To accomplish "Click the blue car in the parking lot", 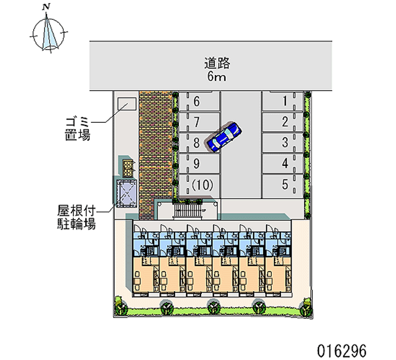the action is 224,137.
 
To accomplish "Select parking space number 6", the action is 199,102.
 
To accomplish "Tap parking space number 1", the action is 283,101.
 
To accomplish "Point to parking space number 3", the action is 283,143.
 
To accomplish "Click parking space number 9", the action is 199,163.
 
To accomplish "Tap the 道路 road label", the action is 217,63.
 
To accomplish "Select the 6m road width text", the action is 216,76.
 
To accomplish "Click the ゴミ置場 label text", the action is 78,129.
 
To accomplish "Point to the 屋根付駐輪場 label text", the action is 76,217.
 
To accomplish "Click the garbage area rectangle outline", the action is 127,104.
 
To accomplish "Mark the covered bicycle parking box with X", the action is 126,194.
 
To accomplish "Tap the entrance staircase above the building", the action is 188,210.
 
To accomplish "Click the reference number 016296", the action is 342,351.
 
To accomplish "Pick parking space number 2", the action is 283,122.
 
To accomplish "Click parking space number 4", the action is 283,163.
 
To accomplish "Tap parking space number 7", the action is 199,122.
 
